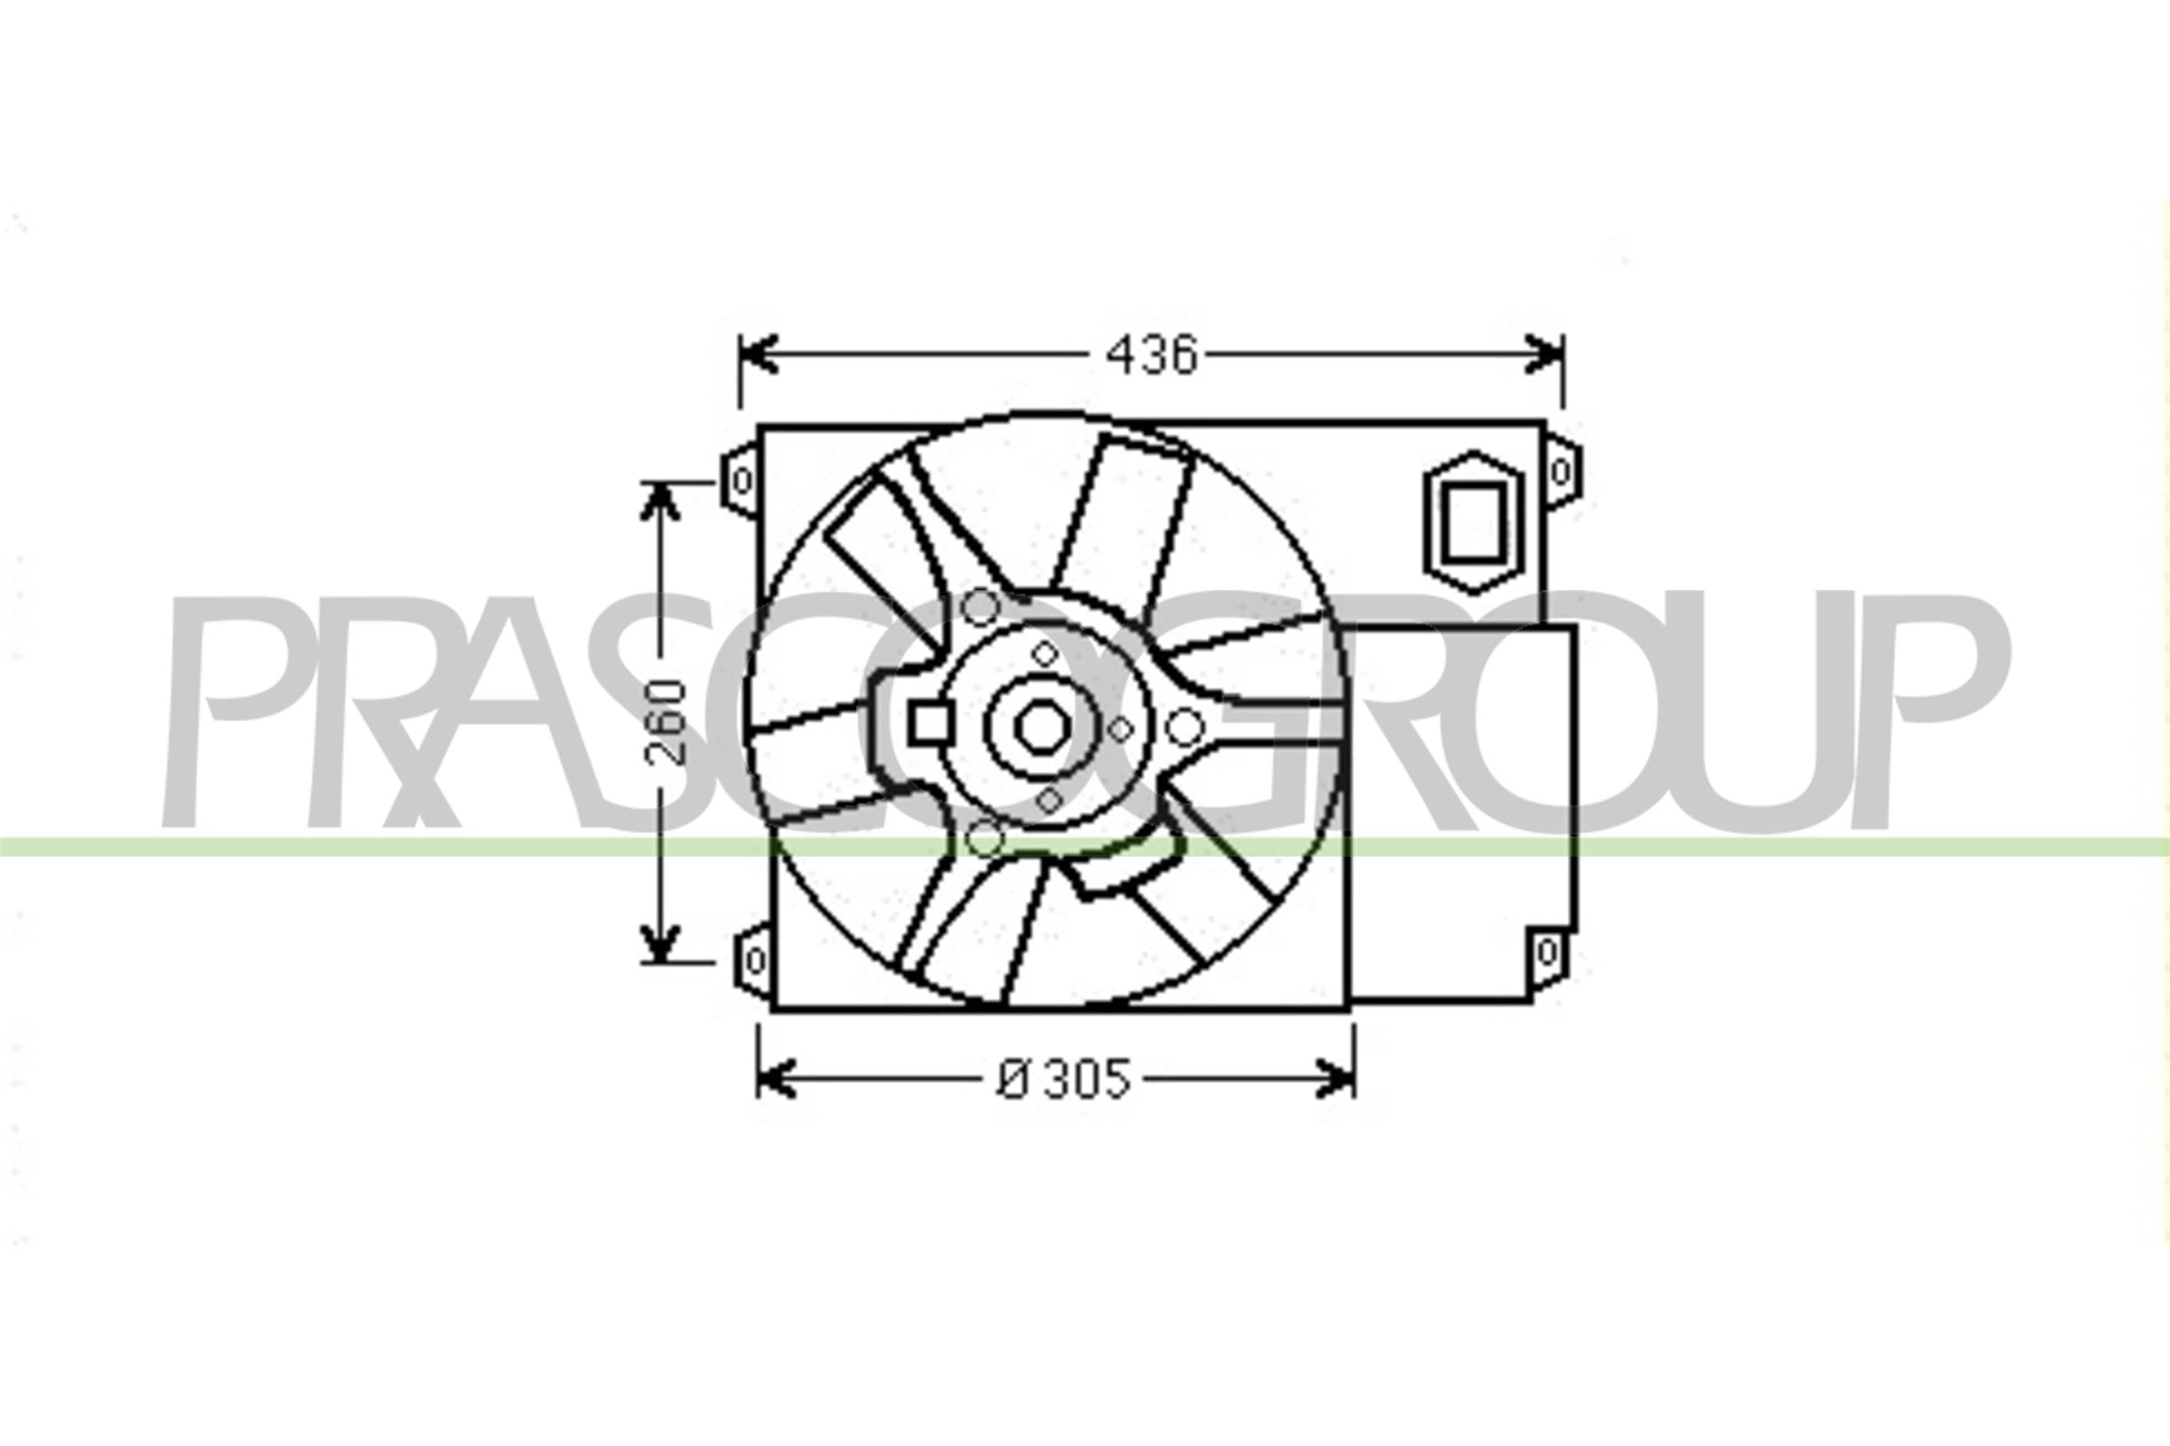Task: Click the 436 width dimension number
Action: click(1151, 355)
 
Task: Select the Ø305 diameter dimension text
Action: click(1063, 1079)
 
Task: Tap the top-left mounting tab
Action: click(740, 481)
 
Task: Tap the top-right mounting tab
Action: click(1561, 472)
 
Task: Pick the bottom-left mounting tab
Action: click(753, 960)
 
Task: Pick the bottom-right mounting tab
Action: click(1548, 951)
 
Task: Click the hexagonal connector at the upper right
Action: click(1474, 522)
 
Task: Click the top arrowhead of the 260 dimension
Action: click(660, 501)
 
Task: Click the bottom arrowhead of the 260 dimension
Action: click(660, 942)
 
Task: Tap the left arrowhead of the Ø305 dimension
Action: click(775, 1079)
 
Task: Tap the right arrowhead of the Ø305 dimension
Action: click(1336, 1079)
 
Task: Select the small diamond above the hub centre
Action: click(1044, 653)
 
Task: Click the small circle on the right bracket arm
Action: click(1184, 728)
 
